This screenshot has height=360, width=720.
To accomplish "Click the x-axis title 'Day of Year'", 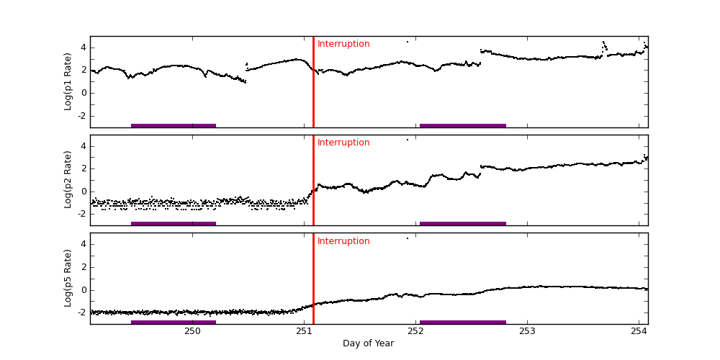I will pos(368,343).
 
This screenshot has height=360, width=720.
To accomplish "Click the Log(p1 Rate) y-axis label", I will pos(68,81).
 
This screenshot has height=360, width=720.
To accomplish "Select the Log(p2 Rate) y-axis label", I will pos(68,180).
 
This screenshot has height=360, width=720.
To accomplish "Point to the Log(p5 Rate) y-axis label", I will pos(68,278).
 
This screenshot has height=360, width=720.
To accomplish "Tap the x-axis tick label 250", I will pos(192,331).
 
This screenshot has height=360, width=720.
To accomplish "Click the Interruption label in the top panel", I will pos(343,44).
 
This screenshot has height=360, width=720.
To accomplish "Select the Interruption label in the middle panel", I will pos(343,143).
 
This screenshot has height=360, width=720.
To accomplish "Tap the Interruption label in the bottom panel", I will pos(343,241).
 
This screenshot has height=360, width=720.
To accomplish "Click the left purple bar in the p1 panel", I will pos(174,125).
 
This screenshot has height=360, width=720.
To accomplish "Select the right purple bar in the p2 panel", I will pos(463,223).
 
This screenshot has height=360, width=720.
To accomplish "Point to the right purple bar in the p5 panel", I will pos(463,322).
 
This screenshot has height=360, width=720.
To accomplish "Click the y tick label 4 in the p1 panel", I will pos(84,48).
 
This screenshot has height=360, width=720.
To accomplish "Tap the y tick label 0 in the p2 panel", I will pos(84,191).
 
